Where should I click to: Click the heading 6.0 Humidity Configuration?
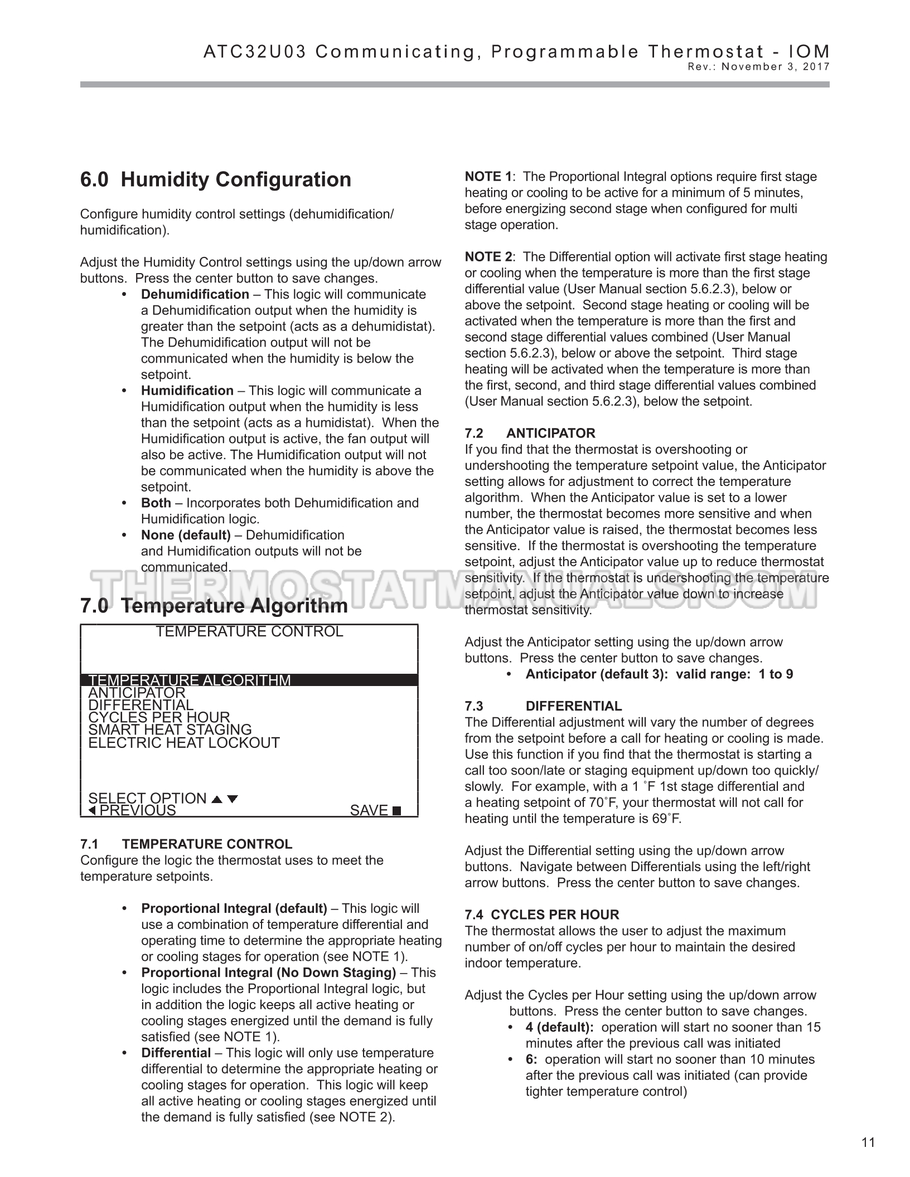(216, 179)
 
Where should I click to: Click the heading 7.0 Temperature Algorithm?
(214, 605)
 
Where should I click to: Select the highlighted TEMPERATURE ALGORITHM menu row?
(190, 680)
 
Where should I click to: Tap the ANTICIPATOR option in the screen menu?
(137, 693)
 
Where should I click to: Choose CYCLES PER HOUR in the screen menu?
(159, 717)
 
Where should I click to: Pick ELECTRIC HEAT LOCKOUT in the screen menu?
(184, 742)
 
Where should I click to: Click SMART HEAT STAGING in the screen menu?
(170, 729)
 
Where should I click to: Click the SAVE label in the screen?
(369, 810)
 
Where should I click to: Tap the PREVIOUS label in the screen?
(137, 810)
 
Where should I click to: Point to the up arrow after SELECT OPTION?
(217, 799)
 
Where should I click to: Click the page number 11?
(868, 1142)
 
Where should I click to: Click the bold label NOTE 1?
(488, 177)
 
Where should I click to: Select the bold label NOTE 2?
(488, 257)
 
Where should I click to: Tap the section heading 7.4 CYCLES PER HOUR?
(542, 915)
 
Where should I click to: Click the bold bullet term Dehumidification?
(195, 294)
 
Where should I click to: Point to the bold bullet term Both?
(156, 503)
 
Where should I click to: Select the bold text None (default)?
(186, 535)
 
